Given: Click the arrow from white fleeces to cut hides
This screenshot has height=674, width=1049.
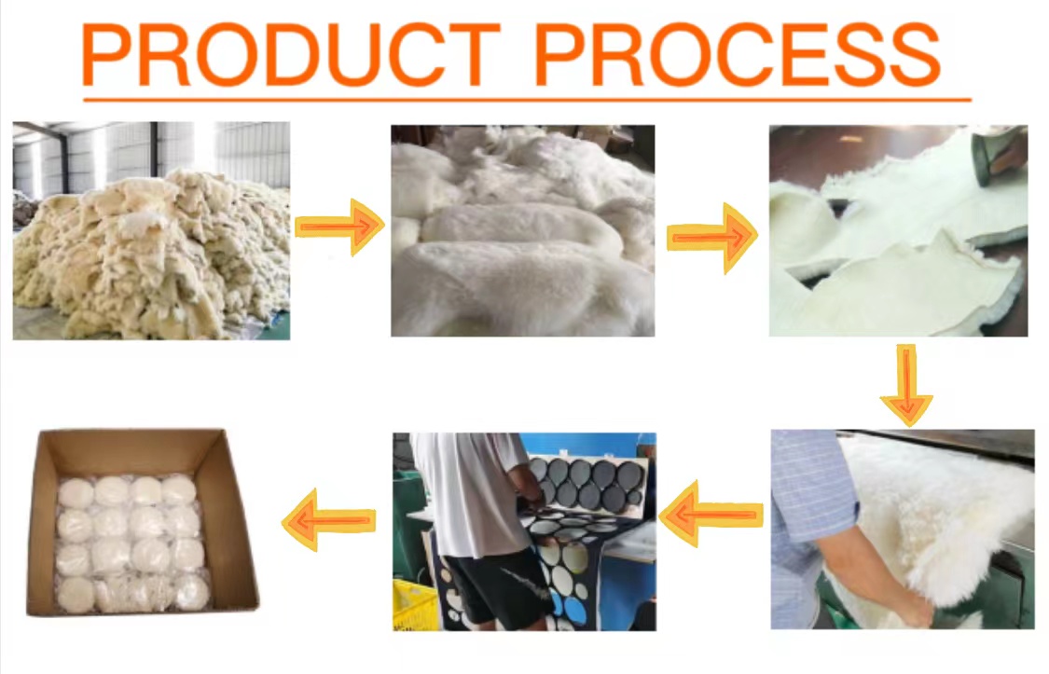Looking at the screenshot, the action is tap(711, 238).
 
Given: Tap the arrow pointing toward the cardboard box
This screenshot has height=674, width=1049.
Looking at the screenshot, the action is tap(330, 519).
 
